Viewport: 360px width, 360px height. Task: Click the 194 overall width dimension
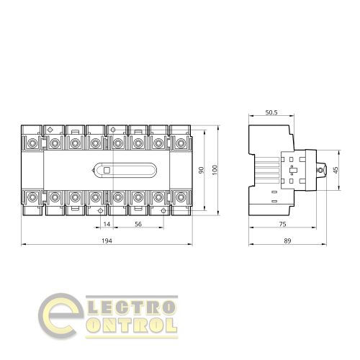tap(107, 240)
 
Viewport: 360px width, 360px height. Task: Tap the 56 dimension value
tap(138, 224)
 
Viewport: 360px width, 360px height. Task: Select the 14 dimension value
tap(107, 224)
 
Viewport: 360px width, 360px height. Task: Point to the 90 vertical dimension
tap(202, 170)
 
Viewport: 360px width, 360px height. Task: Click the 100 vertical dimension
tap(215, 170)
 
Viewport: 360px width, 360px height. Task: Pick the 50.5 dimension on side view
tap(271, 112)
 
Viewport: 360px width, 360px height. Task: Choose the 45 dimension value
tap(336, 170)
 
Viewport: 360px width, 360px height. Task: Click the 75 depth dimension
tap(283, 224)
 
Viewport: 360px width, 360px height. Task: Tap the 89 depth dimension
tap(287, 240)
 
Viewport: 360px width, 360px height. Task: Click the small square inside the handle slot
tap(107, 170)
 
